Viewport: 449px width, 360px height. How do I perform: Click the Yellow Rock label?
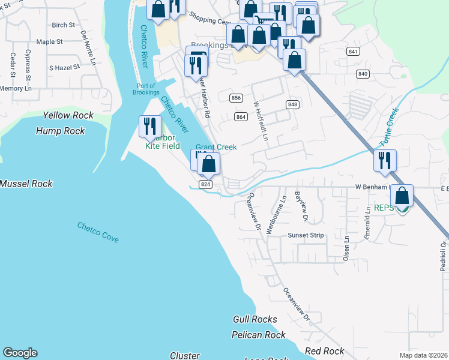(x=68, y=115)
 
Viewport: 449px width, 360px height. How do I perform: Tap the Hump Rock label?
(x=61, y=131)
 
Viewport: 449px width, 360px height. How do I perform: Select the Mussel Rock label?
(x=26, y=184)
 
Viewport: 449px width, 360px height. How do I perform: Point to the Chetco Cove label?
(x=98, y=232)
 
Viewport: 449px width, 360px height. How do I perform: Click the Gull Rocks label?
(x=255, y=320)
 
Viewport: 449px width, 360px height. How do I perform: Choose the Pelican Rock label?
(x=259, y=335)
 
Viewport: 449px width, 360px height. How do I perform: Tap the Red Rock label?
(x=325, y=351)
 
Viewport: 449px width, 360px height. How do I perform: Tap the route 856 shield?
(x=236, y=98)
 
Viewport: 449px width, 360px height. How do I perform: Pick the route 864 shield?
(x=241, y=116)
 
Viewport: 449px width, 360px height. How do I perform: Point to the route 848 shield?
(x=292, y=104)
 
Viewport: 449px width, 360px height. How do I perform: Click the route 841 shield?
(x=353, y=52)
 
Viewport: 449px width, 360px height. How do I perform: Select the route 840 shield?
(x=362, y=74)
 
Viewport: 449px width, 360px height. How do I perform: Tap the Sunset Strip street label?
(x=306, y=235)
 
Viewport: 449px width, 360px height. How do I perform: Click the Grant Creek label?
(x=216, y=147)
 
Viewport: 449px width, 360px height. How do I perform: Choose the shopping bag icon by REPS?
(x=402, y=196)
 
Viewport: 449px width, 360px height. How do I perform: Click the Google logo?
(x=20, y=353)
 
